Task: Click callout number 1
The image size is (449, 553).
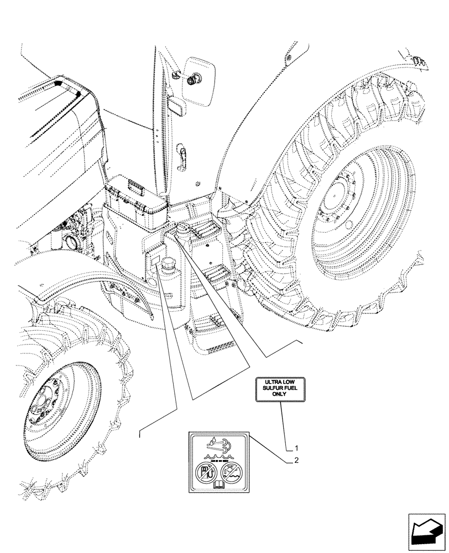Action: point(297,447)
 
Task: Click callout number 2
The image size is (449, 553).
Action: point(297,460)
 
